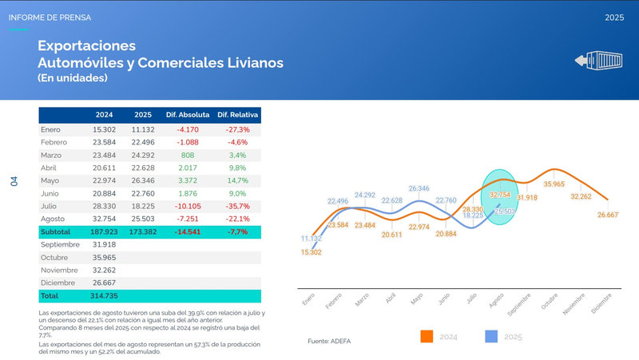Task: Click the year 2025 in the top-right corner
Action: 614,17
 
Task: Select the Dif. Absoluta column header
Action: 188,115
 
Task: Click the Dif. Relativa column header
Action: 239,115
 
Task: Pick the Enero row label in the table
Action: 50,129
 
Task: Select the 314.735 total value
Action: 105,295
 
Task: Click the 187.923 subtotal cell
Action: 105,231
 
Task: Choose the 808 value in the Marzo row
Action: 188,155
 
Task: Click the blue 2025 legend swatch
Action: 493,337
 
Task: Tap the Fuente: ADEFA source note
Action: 329,341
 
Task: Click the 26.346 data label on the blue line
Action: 419,189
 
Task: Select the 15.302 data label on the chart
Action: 311,252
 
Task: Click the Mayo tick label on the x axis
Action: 415,298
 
